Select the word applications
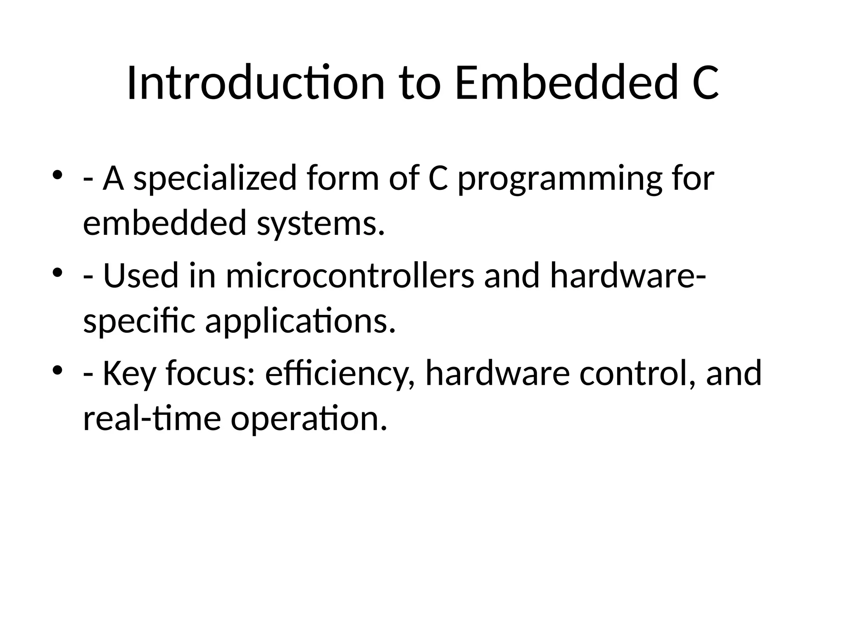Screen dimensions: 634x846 pyautogui.click(x=300, y=322)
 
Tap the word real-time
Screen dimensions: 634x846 pyautogui.click(x=152, y=418)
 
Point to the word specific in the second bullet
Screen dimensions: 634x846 pyautogui.click(x=139, y=322)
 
